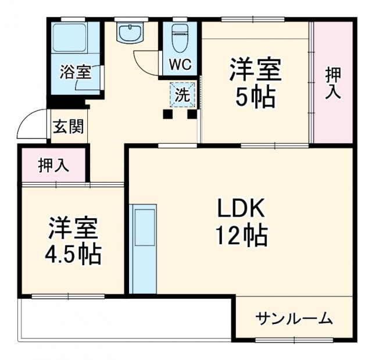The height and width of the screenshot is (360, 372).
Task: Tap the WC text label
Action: pyautogui.click(x=180, y=65)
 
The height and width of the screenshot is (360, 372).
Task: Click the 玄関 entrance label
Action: pyautogui.click(x=68, y=127)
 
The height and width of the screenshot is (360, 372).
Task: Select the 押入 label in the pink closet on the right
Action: pyautogui.click(x=333, y=82)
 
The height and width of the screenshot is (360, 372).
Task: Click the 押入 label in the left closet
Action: pyautogui.click(x=53, y=166)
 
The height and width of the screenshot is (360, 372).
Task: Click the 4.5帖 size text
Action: pyautogui.click(x=73, y=254)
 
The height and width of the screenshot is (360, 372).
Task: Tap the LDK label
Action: pyautogui.click(x=241, y=208)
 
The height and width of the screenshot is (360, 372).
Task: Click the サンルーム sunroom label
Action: pyautogui.click(x=294, y=318)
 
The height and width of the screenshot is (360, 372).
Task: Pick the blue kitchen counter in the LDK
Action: pyautogui.click(x=143, y=248)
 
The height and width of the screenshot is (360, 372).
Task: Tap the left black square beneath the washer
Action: pyautogui.click(x=168, y=114)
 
